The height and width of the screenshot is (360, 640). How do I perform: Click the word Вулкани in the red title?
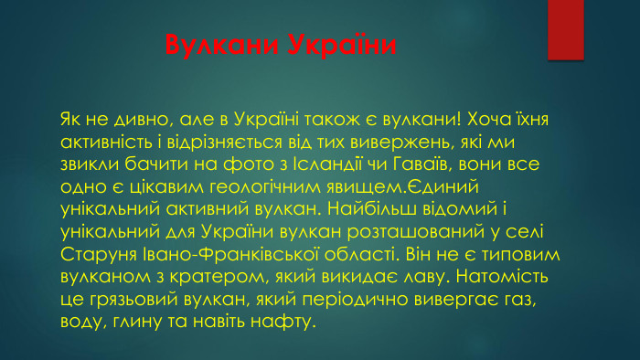click(x=217, y=46)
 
